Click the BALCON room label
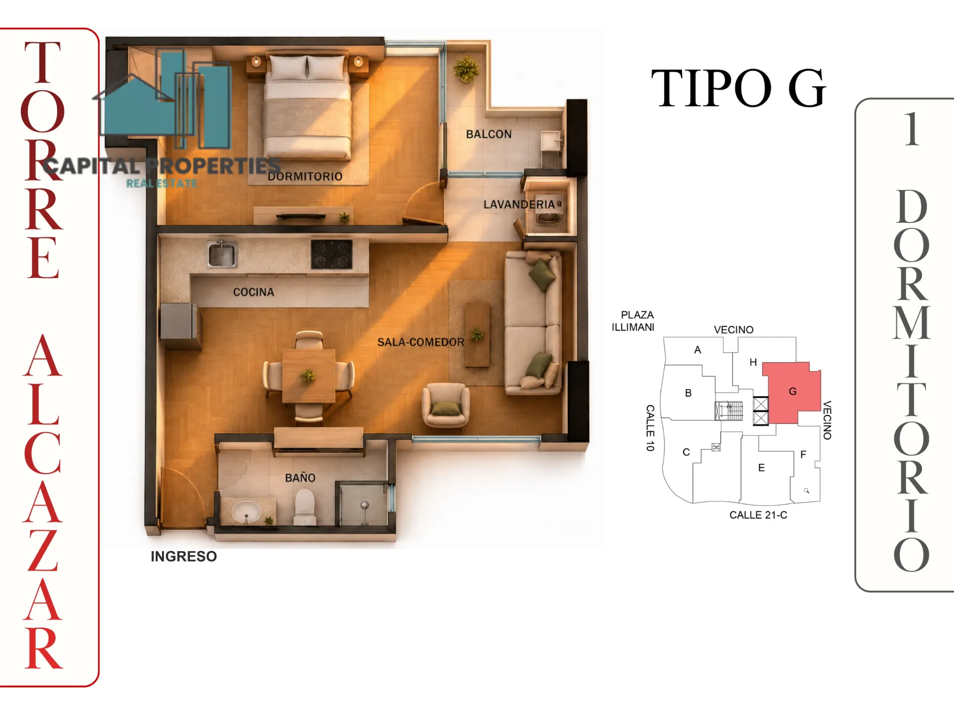coord(488,134)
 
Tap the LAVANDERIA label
coord(519,205)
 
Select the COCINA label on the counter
coord(253,292)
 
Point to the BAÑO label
coord(300,478)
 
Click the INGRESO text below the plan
coord(184,556)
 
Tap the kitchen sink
coord(222,254)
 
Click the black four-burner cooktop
coord(331,254)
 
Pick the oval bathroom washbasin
coord(246,512)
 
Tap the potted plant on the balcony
coord(466,69)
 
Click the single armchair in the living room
coord(446,405)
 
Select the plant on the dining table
coord(308,375)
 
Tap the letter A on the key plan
coord(698,350)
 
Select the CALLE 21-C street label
coord(758,515)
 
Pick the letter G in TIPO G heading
coord(806,88)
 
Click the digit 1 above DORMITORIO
coord(911,129)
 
